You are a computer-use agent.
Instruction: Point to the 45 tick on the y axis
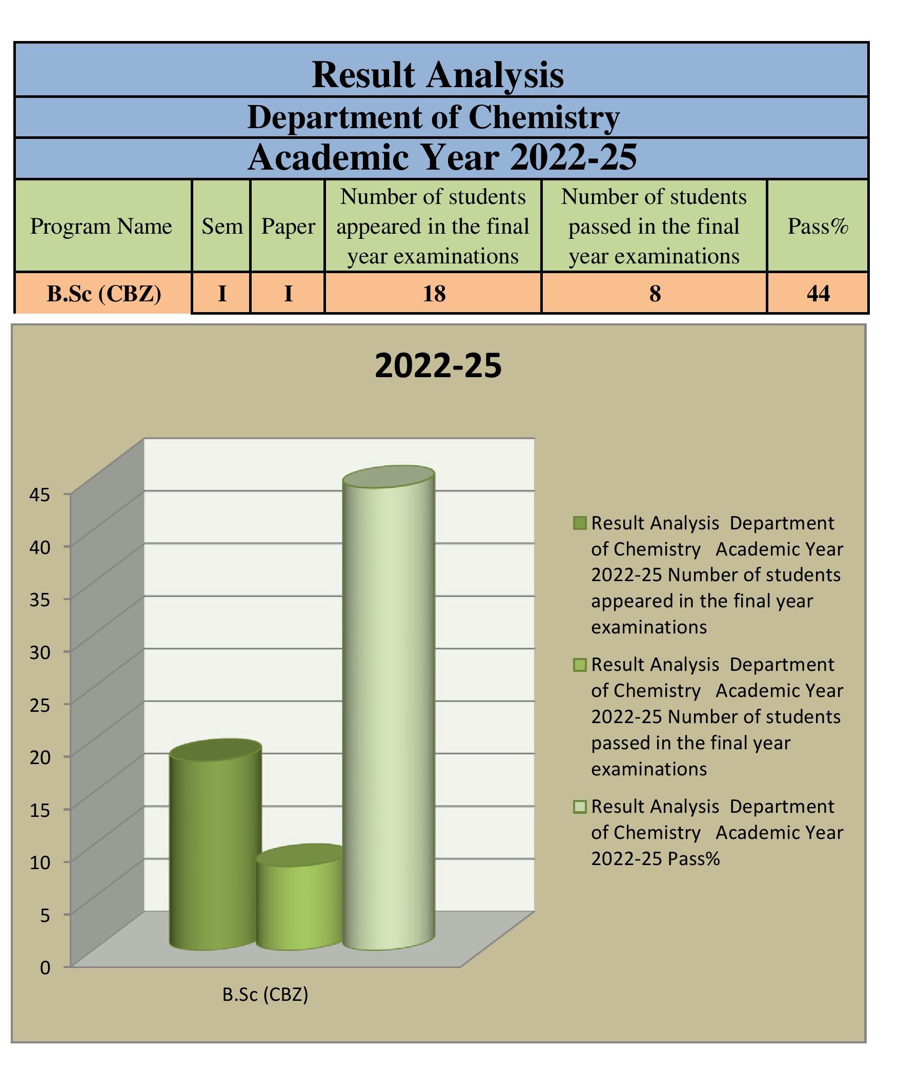click(x=39, y=495)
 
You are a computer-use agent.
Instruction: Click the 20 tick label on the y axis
click(x=39, y=757)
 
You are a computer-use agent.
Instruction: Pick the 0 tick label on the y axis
click(x=45, y=968)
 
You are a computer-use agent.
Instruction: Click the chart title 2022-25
click(x=438, y=366)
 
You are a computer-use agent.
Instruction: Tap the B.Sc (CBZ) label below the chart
click(x=265, y=995)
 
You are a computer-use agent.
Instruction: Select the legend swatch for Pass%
click(x=580, y=807)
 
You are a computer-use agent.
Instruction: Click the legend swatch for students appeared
click(x=580, y=523)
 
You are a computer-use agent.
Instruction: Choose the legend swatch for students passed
click(x=580, y=665)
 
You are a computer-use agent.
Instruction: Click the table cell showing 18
click(x=433, y=293)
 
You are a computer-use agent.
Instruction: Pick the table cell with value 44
click(x=818, y=293)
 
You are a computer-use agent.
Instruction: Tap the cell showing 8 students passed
click(x=655, y=293)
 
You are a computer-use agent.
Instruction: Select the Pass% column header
click(x=818, y=226)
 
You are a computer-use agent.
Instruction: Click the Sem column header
click(x=221, y=226)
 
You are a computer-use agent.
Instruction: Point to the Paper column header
click(x=288, y=226)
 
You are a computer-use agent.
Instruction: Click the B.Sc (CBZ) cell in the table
click(x=104, y=293)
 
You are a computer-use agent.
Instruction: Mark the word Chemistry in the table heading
click(x=544, y=117)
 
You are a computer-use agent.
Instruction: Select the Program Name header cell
click(x=101, y=226)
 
